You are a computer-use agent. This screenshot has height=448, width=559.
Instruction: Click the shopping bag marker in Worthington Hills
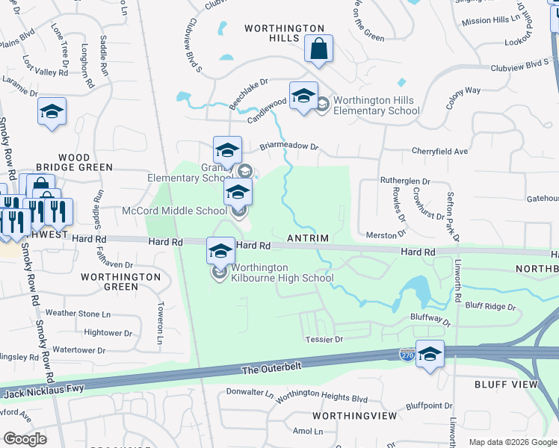318,49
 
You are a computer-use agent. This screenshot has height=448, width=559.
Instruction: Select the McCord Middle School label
174,211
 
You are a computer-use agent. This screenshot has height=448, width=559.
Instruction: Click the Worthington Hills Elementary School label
376,105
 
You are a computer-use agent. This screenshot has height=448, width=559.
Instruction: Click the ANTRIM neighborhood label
308,238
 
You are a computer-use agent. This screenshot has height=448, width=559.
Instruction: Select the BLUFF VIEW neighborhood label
506,384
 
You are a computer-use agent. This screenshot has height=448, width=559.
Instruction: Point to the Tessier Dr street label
324,339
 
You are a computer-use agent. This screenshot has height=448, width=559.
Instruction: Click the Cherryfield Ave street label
439,151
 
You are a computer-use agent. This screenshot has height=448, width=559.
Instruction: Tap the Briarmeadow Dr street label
288,146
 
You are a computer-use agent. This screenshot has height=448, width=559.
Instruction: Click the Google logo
25,438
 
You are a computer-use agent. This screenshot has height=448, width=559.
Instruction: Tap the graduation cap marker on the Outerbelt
430,354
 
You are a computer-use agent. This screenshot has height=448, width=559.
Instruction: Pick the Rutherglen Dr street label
406,181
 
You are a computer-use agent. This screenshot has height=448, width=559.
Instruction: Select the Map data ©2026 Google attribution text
513,442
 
